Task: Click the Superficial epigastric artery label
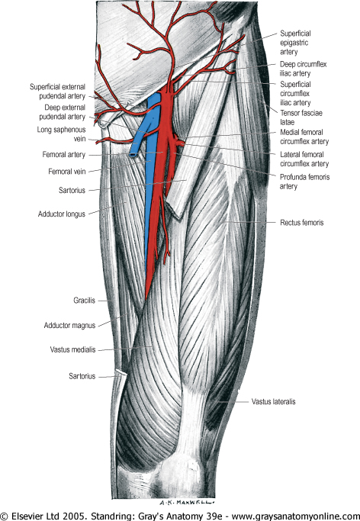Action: coord(295,43)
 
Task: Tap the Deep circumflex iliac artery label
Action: coord(303,69)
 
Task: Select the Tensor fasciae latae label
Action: coord(301,117)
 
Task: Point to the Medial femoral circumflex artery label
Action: coord(304,137)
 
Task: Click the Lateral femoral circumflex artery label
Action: coord(304,159)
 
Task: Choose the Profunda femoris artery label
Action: coord(304,182)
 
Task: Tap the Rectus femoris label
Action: coord(301,222)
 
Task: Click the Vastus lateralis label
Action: coord(273,401)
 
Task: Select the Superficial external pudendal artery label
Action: coord(57,92)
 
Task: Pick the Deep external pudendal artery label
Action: coord(63,112)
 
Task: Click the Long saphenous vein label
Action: coord(62,134)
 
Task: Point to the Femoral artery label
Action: coord(64,155)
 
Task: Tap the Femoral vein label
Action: coord(67,172)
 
